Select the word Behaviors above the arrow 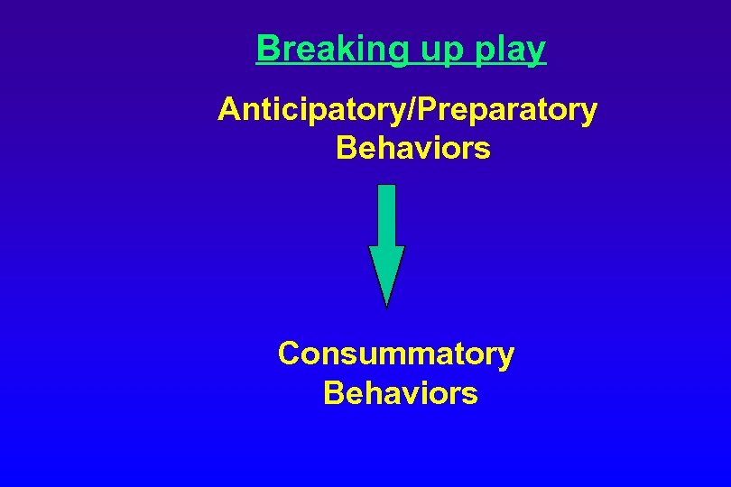(x=412, y=147)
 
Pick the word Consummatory (x=395, y=354)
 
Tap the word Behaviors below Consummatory (x=400, y=393)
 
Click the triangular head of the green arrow (x=387, y=271)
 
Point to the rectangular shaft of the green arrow (x=386, y=215)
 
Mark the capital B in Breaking (x=266, y=48)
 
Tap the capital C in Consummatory (x=289, y=354)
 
